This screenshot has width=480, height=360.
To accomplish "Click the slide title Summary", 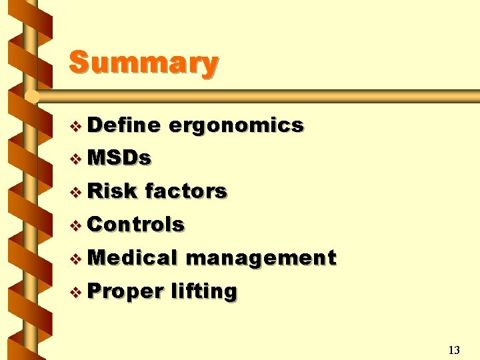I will (143, 63).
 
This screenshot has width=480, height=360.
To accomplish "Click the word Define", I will (123, 125).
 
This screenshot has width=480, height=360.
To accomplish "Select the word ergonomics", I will (237, 125).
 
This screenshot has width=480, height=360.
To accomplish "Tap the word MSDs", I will (119, 158).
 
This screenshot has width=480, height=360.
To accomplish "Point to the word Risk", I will (111, 191).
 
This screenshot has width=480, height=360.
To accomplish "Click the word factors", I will (186, 191).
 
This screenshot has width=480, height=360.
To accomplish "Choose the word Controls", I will (135, 225).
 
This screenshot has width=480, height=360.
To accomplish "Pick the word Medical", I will (132, 258).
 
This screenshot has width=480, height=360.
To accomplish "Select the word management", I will (261, 259).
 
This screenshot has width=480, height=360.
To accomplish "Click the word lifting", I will (203, 292).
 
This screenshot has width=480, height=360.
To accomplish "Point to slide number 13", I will (454, 350).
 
